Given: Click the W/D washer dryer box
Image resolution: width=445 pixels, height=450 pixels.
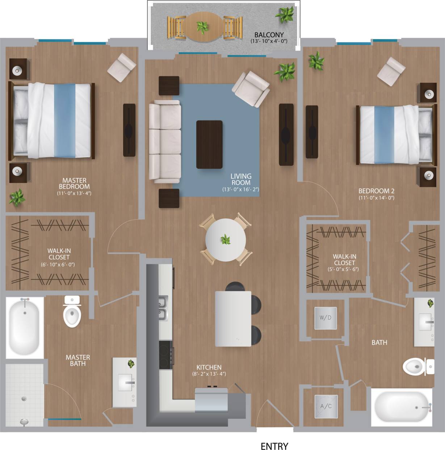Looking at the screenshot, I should click(x=325, y=318).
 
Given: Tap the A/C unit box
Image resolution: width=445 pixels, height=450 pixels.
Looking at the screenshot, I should click(x=326, y=406).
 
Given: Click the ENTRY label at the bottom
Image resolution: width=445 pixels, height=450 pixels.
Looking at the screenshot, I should click(x=274, y=446).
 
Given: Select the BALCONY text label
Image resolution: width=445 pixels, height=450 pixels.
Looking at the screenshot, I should click(x=269, y=35).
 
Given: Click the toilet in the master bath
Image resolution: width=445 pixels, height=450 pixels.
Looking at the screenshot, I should click(x=72, y=312).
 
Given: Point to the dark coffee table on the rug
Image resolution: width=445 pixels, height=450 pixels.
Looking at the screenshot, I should click(x=209, y=144).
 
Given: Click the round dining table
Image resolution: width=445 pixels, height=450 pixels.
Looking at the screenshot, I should click(x=226, y=240).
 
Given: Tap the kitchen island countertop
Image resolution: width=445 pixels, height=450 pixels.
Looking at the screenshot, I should click(x=233, y=318).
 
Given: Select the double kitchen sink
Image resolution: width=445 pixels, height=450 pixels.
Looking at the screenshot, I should click(x=163, y=308).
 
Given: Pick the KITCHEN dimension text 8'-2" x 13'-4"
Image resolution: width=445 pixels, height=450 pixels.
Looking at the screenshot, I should click(x=209, y=374).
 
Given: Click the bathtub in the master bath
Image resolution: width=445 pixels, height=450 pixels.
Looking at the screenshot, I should click(x=24, y=327).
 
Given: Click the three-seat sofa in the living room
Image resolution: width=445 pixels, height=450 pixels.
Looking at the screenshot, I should click(x=165, y=141).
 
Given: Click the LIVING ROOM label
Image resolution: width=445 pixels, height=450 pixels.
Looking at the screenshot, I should click(x=241, y=179).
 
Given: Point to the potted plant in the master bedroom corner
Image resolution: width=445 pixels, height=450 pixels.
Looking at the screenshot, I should click(x=17, y=198).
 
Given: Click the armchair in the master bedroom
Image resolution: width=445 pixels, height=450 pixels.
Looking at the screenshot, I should click(x=122, y=67).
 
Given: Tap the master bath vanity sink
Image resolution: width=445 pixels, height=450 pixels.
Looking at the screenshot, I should click(x=125, y=382).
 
